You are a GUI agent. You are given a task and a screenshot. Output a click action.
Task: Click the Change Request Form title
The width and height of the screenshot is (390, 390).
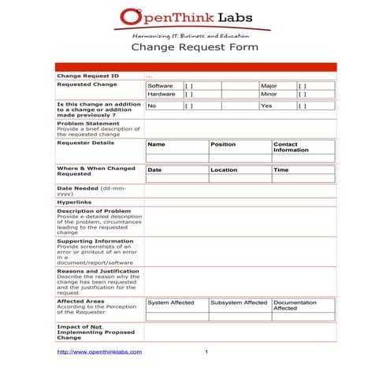(x=194, y=47)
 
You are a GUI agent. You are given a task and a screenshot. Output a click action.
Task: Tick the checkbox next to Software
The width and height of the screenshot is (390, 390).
(x=189, y=85)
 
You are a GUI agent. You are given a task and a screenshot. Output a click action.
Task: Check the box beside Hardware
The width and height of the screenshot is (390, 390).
(x=189, y=94)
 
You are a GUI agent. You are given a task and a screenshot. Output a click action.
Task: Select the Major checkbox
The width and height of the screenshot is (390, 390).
(x=303, y=85)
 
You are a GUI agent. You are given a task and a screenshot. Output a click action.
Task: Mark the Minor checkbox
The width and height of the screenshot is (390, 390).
(x=303, y=94)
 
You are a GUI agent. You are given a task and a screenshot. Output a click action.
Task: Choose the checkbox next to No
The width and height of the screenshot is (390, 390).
(x=189, y=106)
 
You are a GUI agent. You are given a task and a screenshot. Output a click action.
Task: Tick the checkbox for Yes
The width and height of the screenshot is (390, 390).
(x=303, y=106)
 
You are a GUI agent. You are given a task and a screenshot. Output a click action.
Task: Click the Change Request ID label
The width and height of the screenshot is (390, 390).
(x=88, y=76)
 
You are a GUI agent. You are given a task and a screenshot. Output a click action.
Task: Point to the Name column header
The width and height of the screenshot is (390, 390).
(x=156, y=145)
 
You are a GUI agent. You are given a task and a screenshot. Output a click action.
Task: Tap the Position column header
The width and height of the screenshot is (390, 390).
(x=223, y=145)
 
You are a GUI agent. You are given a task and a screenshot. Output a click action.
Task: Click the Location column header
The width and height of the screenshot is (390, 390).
(x=224, y=170)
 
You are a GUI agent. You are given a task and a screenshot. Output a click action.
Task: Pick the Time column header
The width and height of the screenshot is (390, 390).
(x=281, y=170)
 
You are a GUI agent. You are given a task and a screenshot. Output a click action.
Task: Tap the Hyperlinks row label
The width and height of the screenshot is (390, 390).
(x=75, y=202)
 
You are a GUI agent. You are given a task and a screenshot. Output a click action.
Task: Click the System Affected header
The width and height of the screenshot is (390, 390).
(x=171, y=303)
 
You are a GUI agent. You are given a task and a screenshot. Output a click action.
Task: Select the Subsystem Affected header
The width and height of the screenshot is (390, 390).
(x=239, y=303)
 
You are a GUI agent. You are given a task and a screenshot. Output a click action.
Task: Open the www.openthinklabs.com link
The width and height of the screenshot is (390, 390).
(x=100, y=351)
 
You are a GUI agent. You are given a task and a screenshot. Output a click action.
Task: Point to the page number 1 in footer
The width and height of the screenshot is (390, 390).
(x=206, y=351)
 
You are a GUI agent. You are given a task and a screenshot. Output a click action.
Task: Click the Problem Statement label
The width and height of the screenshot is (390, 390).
(x=88, y=123)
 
